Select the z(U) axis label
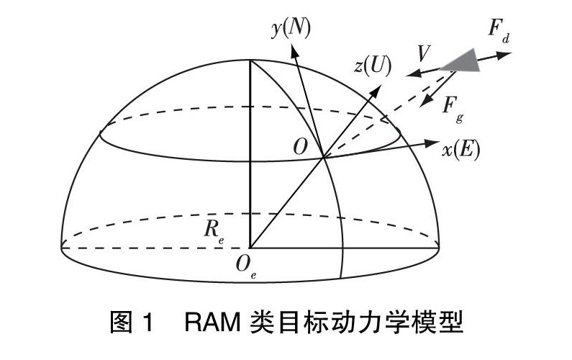point(373,66)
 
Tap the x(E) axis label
point(461,150)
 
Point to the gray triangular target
point(463,60)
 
